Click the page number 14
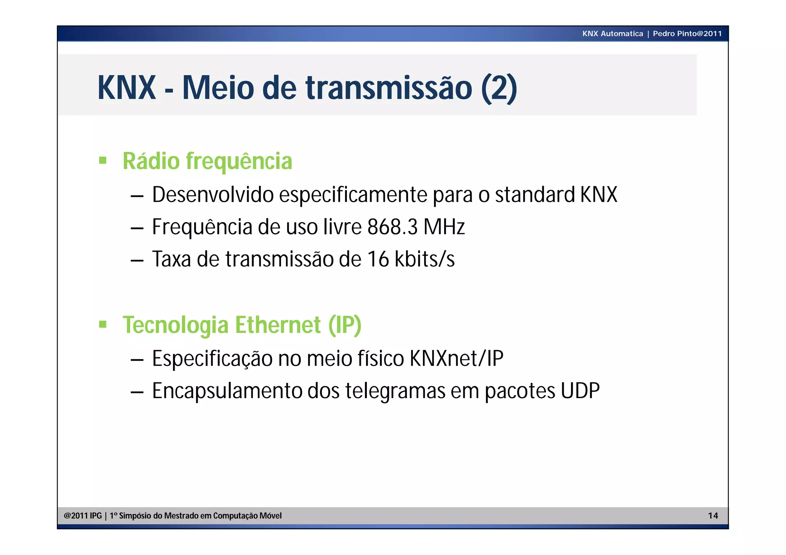713,515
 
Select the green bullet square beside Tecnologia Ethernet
102,324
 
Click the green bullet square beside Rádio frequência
102,160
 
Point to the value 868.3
392,227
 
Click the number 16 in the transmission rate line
378,259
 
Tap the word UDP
580,391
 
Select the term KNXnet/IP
456,359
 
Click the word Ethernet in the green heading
278,325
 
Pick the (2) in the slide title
499,88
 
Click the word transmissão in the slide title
388,88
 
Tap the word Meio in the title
218,88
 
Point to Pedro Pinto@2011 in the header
687,34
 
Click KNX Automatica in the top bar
613,34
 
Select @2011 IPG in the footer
83,516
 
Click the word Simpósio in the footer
135,516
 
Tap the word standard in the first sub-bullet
535,194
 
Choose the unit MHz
444,227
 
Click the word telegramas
395,391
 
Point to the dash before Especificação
137,360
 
